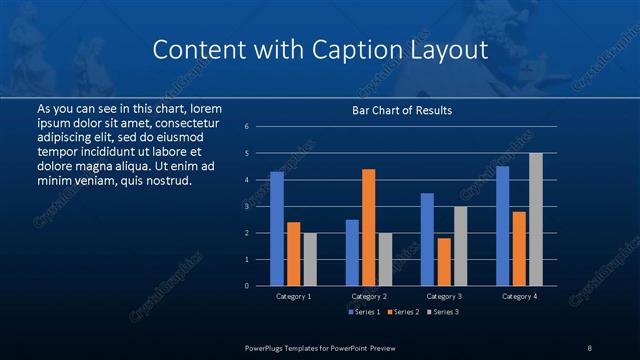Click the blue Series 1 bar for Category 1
[277, 229]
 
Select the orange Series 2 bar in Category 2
[368, 227]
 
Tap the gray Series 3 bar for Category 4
[536, 219]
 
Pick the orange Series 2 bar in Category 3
[444, 261]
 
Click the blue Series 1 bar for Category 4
[502, 226]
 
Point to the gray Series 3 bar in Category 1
[310, 259]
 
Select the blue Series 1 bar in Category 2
[352, 252]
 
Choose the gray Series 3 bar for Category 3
[460, 246]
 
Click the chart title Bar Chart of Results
[403, 110]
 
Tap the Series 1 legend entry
[363, 312]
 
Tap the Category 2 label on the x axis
[369, 296]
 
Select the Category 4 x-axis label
[519, 296]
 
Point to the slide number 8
[589, 347]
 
